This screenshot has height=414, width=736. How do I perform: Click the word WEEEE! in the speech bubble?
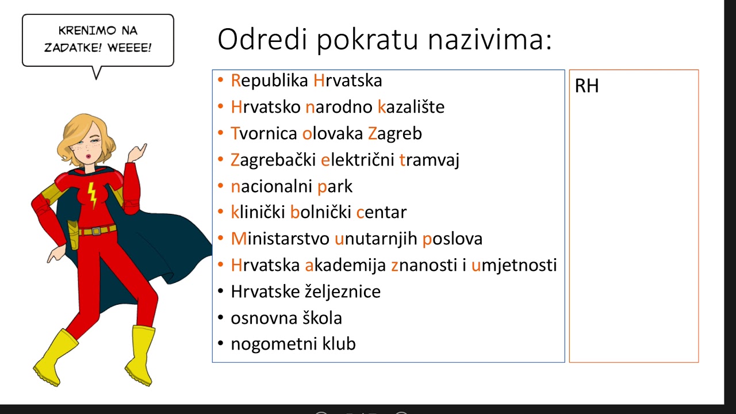tap(129, 47)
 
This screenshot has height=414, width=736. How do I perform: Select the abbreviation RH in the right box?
tap(586, 86)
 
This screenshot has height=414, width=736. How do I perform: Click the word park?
tap(335, 187)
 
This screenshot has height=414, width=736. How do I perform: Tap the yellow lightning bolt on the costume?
tap(92, 195)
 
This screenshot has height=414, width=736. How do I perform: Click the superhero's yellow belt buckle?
tap(96, 231)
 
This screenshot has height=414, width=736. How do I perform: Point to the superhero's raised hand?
tap(137, 152)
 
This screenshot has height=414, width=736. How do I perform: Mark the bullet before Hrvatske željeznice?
tap(221, 292)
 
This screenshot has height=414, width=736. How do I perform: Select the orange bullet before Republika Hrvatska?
tap(221, 80)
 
